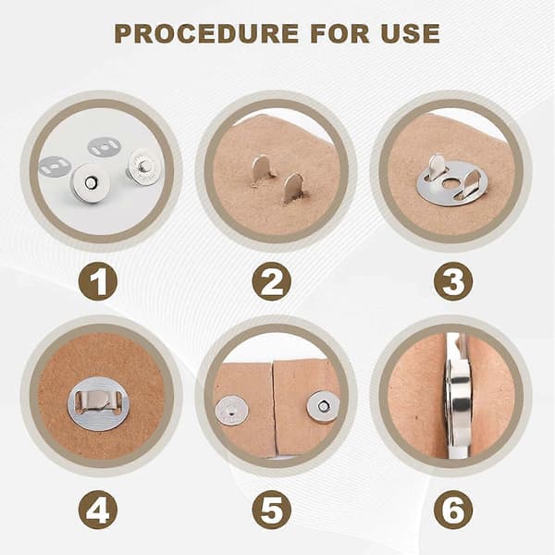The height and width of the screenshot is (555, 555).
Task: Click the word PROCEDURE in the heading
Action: pyautogui.click(x=206, y=33)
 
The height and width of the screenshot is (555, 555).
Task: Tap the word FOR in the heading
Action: pyautogui.click(x=339, y=33)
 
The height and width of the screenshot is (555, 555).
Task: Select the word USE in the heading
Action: pyautogui.click(x=410, y=33)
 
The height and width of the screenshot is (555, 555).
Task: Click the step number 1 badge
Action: pyautogui.click(x=98, y=281)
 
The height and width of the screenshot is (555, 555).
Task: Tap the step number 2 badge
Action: pyautogui.click(x=271, y=281)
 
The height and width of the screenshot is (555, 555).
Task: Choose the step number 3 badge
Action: pyautogui.click(x=453, y=281)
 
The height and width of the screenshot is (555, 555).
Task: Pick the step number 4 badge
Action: pyautogui.click(x=98, y=510)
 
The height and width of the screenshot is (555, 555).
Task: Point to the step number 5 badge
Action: pyautogui.click(x=271, y=510)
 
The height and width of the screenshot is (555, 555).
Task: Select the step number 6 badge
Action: pyautogui.click(x=453, y=510)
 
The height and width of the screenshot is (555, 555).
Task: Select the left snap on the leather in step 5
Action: pyautogui.click(x=231, y=412)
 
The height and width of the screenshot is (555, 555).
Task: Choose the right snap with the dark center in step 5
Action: pyautogui.click(x=323, y=406)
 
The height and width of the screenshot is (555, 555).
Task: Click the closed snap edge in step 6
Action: pyautogui.click(x=458, y=398)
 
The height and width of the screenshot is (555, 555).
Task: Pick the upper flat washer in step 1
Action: pyautogui.click(x=104, y=148)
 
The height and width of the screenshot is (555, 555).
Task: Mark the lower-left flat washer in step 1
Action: pyautogui.click(x=55, y=166)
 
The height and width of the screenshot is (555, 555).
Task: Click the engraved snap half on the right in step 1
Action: pyautogui.click(x=142, y=167)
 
